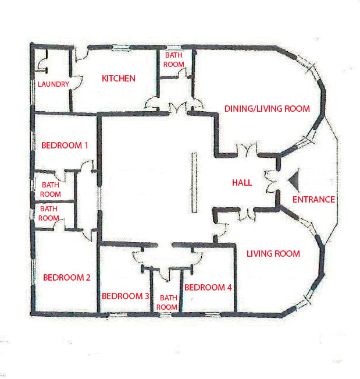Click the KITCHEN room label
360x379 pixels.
(x=118, y=79)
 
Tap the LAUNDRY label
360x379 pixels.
(x=54, y=84)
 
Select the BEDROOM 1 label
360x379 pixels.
(x=65, y=146)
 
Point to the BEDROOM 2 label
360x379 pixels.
(x=67, y=277)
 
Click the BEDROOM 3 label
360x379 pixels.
(x=125, y=296)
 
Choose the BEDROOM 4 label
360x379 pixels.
(x=208, y=288)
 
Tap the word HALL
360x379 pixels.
(x=242, y=182)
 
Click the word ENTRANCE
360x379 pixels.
(x=313, y=200)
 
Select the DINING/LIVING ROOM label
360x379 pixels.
(x=267, y=109)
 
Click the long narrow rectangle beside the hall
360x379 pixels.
(x=194, y=182)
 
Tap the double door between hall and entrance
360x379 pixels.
(x=271, y=182)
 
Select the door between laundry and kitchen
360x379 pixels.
(x=77, y=83)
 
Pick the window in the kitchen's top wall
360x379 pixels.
(x=122, y=48)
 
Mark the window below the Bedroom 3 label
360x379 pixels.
(x=117, y=314)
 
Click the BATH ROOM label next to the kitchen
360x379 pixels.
(x=173, y=60)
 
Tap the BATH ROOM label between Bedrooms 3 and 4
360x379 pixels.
(x=167, y=302)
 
